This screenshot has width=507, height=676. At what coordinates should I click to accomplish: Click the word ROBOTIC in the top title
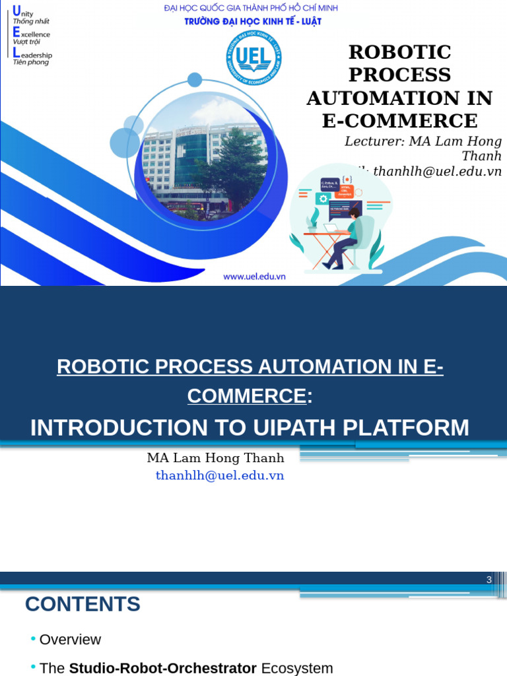399,52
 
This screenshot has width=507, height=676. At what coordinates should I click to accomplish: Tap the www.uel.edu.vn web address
254,277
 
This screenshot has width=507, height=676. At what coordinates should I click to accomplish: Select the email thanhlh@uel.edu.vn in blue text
220,475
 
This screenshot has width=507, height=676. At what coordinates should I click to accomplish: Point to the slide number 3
489,580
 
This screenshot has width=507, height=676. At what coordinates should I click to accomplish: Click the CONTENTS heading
83,604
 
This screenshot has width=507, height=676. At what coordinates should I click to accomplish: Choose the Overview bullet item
70,640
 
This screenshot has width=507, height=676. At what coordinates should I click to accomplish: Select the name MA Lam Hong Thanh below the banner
215,458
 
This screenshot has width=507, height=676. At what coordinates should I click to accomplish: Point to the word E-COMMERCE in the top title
399,121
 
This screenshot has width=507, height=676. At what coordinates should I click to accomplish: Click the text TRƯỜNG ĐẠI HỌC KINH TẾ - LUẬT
253,21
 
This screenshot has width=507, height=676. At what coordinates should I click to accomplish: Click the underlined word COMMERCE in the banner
247,396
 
